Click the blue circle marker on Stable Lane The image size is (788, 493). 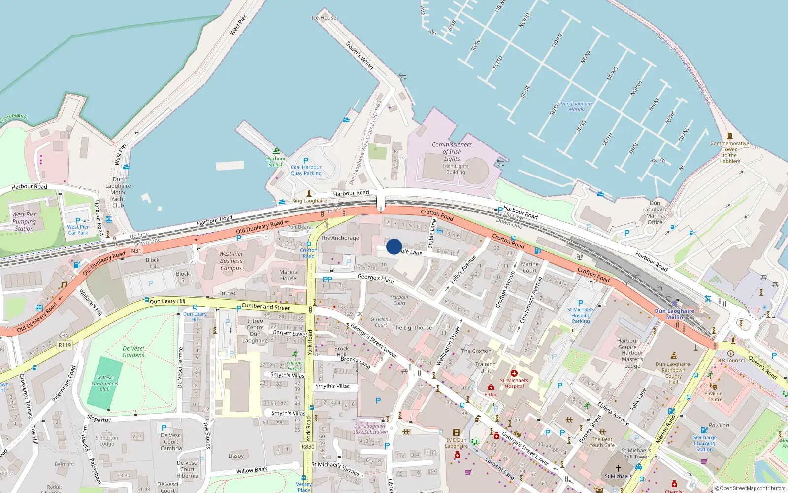pyautogui.click(x=394, y=246)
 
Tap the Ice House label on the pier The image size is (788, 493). pyautogui.click(x=324, y=18)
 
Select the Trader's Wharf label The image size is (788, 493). pyautogui.click(x=360, y=55)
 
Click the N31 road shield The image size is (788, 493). pyautogui.click(x=136, y=251)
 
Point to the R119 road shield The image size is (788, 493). pyautogui.click(x=65, y=345)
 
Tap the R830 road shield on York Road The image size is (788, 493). pyautogui.click(x=308, y=447)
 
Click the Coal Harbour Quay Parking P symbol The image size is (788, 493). pyautogui.click(x=306, y=161)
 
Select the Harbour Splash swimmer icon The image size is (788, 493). pyautogui.click(x=276, y=151)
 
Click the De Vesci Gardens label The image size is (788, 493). pyautogui.click(x=133, y=352)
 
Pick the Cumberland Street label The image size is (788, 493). pyautogui.click(x=265, y=307)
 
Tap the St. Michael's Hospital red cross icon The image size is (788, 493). pyautogui.click(x=514, y=373)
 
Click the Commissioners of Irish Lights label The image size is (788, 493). pyautogui.click(x=452, y=152)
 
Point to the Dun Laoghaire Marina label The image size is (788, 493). pyautogui.click(x=577, y=106)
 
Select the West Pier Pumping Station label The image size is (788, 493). pyautogui.click(x=24, y=222)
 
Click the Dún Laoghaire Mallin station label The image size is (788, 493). pyautogui.click(x=674, y=314)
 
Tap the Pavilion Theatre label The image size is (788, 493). pyautogui.click(x=713, y=396)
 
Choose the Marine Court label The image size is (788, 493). pyautogui.click(x=529, y=267)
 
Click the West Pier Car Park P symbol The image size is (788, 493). pyautogui.click(x=78, y=221)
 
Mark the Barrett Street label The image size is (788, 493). pyautogui.click(x=290, y=334)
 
